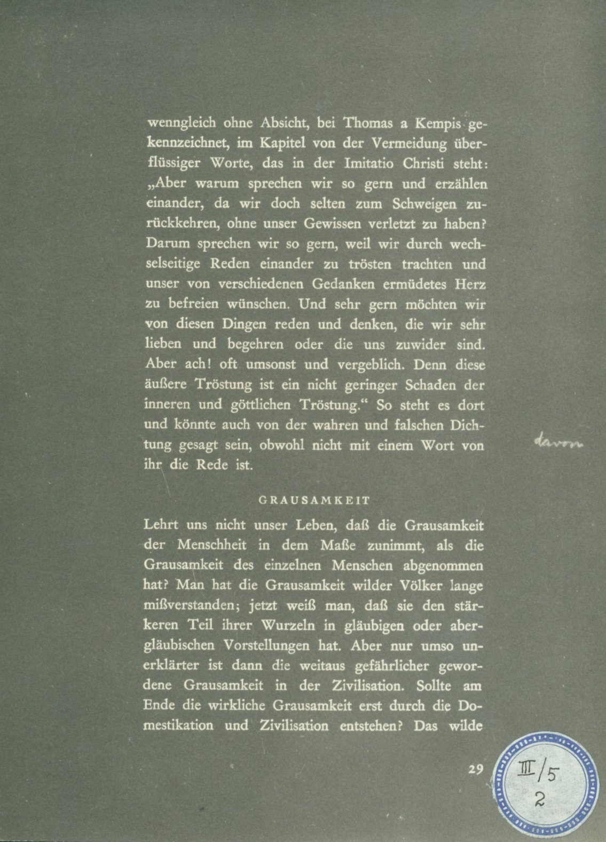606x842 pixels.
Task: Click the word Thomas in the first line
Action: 363,123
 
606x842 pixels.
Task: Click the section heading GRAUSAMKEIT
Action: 314,501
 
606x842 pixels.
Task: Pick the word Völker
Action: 420,585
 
